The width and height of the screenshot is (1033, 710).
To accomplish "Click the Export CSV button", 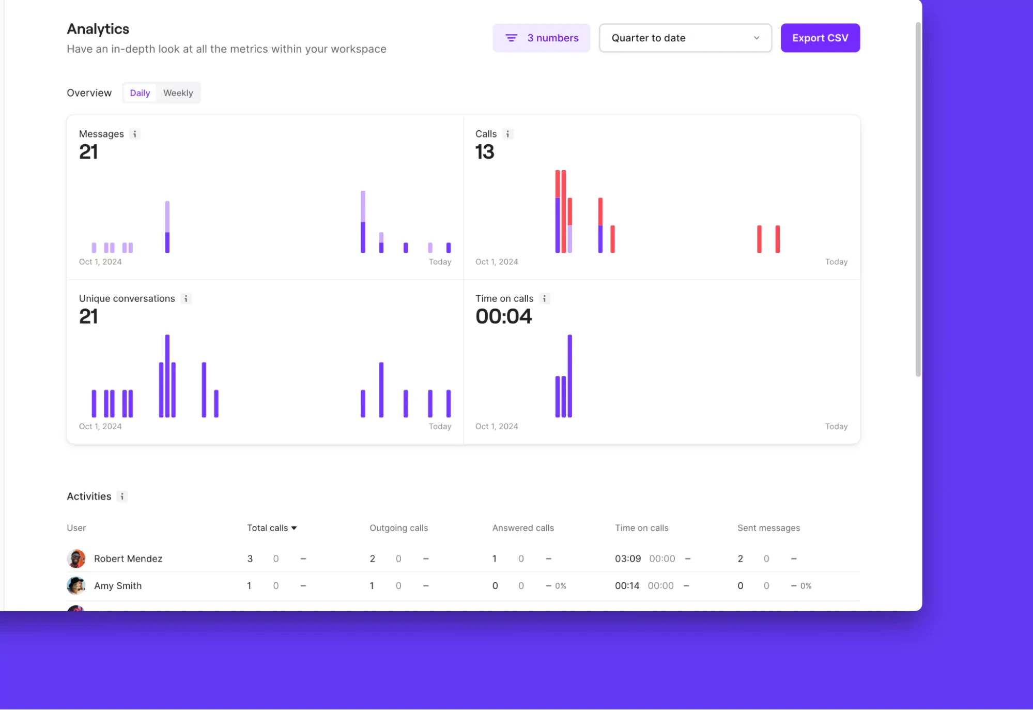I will (x=820, y=38).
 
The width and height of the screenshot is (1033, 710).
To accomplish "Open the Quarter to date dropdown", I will (x=685, y=38).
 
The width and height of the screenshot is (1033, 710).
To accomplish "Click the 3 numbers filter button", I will (x=541, y=38).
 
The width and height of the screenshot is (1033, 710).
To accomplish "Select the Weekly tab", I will (x=178, y=93).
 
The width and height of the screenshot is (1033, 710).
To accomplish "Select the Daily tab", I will (x=140, y=93).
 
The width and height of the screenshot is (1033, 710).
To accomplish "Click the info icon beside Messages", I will (x=135, y=134).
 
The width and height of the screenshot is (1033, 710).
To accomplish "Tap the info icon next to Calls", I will (x=508, y=134).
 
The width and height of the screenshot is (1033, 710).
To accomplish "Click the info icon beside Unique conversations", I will (x=186, y=298).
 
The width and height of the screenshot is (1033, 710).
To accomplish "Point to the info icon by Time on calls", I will (x=544, y=298).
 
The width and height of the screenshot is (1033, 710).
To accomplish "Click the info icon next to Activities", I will (x=122, y=496).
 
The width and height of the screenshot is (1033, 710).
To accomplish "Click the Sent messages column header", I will (x=768, y=528).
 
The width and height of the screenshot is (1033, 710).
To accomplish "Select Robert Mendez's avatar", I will (x=76, y=558).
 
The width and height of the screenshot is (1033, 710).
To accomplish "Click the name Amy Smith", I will (x=118, y=586).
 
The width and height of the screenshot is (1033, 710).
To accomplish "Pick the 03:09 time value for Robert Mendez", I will (x=627, y=558).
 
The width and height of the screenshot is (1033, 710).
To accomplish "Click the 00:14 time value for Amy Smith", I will (x=627, y=586).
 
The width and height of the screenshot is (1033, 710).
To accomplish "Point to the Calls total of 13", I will (x=485, y=152).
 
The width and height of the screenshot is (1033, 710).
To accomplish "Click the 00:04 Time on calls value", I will (x=503, y=316).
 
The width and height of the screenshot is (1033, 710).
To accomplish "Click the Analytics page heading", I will (x=98, y=29).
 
